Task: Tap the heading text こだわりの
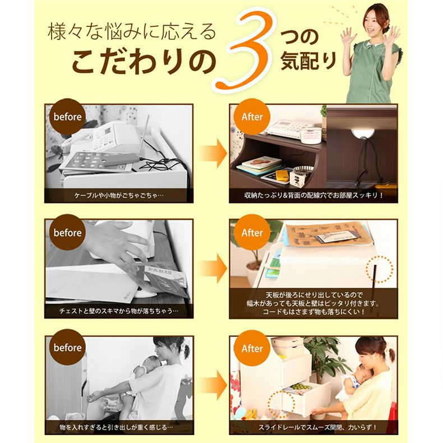(144, 61)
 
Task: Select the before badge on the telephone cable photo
(67, 117)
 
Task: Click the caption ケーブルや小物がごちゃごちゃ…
(119, 196)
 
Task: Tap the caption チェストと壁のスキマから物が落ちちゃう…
(119, 311)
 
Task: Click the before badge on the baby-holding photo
(67, 348)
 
